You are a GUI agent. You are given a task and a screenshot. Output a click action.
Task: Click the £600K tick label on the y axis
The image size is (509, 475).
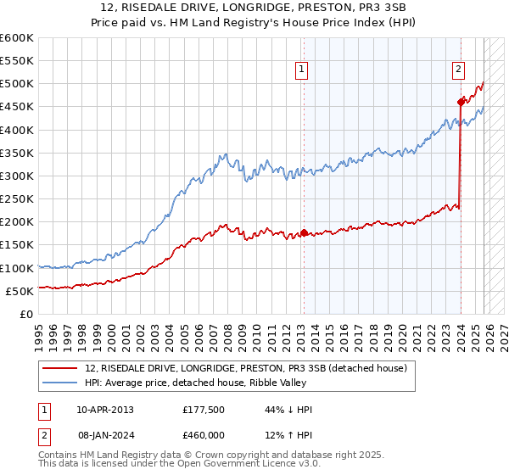(x=16, y=38)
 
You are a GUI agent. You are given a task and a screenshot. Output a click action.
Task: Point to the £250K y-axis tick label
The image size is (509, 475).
(x=16, y=198)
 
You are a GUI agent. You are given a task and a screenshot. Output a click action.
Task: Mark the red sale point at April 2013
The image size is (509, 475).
(x=304, y=232)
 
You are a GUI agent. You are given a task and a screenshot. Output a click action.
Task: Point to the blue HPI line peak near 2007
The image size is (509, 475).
(x=224, y=154)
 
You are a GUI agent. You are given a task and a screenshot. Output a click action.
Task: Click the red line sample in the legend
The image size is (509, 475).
(x=61, y=368)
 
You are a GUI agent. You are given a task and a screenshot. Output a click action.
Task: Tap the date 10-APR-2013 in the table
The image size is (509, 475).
(x=104, y=410)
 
